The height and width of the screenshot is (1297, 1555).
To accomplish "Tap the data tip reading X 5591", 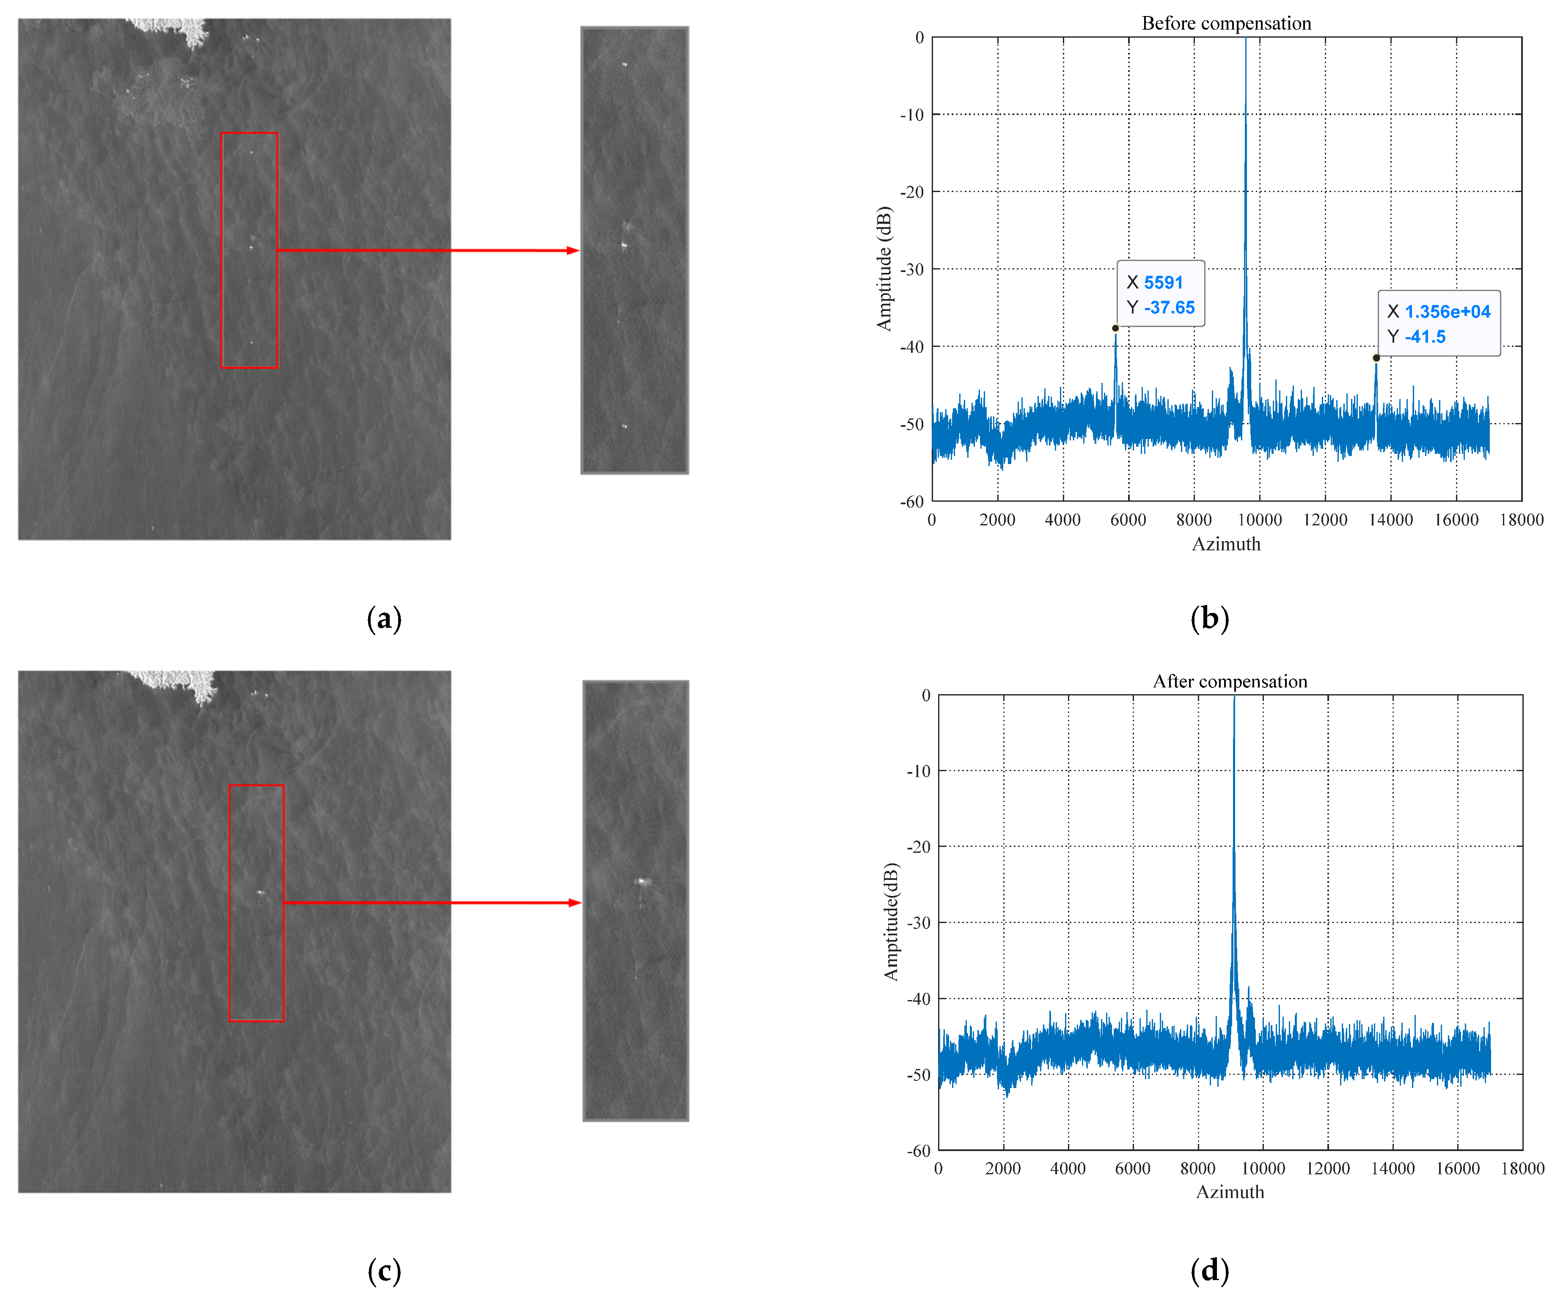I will (x=1160, y=294).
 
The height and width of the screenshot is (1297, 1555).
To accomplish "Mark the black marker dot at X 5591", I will (x=1115, y=328).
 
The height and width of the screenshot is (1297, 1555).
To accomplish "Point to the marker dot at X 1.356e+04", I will (x=1376, y=358).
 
